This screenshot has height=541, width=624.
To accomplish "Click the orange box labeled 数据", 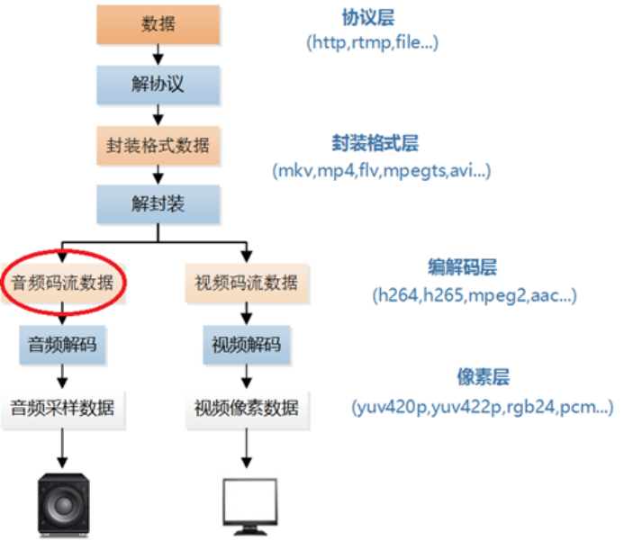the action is (158, 24).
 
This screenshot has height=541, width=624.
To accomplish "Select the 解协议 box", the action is (158, 85).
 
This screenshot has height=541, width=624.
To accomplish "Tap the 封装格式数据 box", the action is (158, 145).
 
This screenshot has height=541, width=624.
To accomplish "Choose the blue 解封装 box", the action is (158, 204).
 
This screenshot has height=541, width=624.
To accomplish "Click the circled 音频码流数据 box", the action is (63, 283).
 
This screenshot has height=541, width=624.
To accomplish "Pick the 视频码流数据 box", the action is (247, 283).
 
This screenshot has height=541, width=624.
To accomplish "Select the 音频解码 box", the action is (62, 345).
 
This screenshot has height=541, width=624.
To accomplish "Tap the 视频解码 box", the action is (247, 345).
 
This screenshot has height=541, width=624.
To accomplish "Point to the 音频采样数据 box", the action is (63, 410).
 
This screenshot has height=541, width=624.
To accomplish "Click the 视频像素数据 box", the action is (247, 410).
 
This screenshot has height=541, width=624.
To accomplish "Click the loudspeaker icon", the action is (64, 504).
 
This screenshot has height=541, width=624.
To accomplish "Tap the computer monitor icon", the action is (250, 507).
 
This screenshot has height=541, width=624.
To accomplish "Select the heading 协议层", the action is (368, 17).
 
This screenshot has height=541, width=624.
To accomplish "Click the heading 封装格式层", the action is (375, 143).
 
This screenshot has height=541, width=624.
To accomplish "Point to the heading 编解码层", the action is (463, 267).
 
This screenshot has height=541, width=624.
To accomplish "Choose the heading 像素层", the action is (484, 376).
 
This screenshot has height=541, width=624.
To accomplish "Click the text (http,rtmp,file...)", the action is (373, 42).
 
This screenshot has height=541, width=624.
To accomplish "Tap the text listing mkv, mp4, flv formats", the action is (382, 171).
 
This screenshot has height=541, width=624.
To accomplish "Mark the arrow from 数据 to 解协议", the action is (158, 55).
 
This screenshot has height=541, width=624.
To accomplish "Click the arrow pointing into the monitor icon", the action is (247, 448).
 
